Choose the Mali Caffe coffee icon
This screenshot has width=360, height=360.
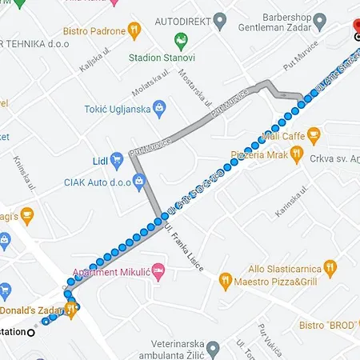pos(313,133)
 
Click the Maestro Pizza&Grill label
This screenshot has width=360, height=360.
pos(276,281)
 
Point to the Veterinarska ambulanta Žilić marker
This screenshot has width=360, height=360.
pos(212,348)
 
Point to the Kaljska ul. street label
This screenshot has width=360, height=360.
pos(93,60)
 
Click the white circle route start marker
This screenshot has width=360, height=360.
pos(31,332)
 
